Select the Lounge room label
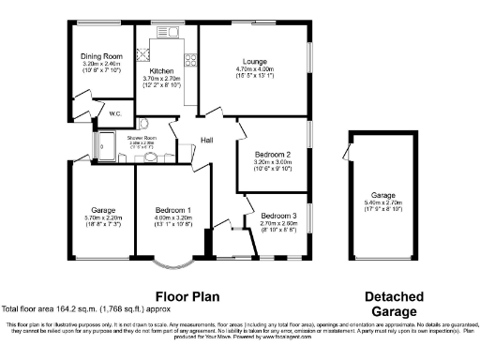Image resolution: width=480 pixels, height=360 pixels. (x=252, y=62)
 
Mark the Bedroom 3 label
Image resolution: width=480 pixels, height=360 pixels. (x=278, y=215)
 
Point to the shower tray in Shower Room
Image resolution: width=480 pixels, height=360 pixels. (x=100, y=146)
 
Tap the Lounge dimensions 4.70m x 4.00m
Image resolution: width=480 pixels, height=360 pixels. (x=253, y=69)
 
